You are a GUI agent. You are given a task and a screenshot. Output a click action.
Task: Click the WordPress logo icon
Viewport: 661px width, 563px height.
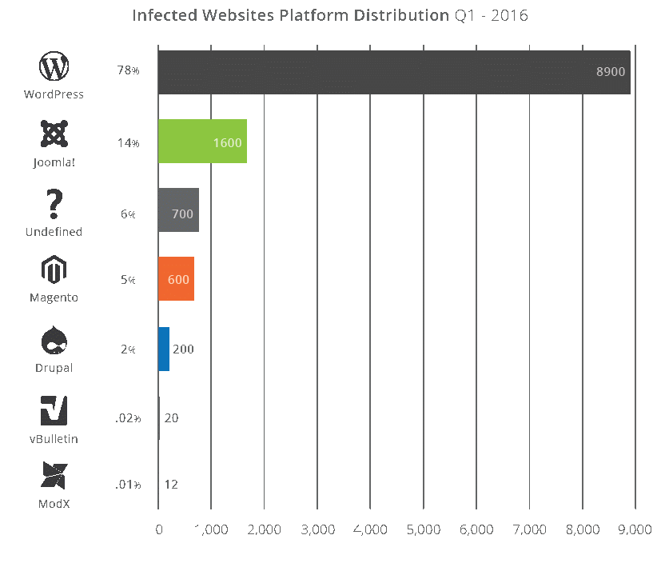[x=54, y=66]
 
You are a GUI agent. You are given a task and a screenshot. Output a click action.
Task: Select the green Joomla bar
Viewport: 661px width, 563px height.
[x=201, y=142]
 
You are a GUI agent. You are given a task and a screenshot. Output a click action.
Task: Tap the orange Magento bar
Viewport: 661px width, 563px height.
[x=176, y=279]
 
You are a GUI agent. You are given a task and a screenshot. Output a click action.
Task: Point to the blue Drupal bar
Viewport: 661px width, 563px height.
[x=164, y=349]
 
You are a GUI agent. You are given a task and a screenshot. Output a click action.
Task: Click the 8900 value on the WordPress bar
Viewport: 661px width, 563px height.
[x=610, y=72]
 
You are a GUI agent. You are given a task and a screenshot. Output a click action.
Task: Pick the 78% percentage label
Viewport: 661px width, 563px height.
[x=128, y=71]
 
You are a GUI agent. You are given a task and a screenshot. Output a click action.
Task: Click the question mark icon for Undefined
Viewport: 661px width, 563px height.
[x=54, y=205]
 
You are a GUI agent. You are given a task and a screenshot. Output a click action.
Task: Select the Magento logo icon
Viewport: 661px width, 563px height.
[x=54, y=271]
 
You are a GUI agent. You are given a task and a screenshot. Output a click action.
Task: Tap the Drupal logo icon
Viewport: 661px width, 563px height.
[x=54, y=341]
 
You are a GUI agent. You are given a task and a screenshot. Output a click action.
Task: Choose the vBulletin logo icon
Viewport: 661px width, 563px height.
[x=54, y=410]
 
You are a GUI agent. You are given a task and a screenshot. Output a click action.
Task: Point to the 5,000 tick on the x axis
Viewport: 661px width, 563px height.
[x=424, y=529]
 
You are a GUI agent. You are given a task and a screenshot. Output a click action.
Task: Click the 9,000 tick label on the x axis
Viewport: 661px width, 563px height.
[x=635, y=529]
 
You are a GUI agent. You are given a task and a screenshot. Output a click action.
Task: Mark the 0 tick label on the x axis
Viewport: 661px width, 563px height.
[x=158, y=529]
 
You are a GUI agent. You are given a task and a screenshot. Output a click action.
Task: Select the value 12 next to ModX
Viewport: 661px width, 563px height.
[x=171, y=485]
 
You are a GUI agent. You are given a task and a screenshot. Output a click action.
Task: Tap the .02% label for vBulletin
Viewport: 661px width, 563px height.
[x=128, y=418]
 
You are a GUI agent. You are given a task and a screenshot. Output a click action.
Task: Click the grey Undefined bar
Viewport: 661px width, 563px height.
[x=178, y=210]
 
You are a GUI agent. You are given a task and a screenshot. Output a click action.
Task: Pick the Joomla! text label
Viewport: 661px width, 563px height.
[x=54, y=162]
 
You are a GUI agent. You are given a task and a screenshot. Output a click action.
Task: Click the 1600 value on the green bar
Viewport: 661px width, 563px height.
[x=228, y=143]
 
